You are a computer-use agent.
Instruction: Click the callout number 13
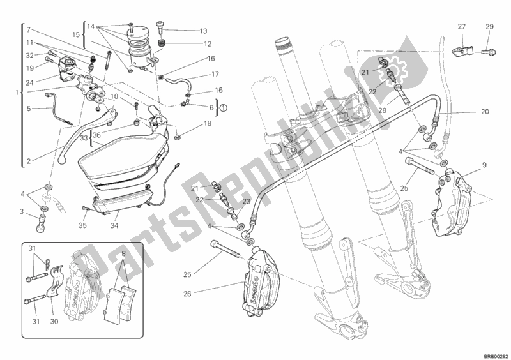click(x=203, y=31)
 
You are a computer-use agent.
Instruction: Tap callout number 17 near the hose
click(x=216, y=74)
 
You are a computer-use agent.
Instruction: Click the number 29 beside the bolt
click(x=490, y=26)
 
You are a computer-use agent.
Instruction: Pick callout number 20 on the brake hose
click(x=484, y=112)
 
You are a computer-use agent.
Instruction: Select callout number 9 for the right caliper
click(x=484, y=166)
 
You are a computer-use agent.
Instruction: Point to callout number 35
click(x=82, y=225)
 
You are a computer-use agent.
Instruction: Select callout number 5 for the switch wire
click(x=28, y=109)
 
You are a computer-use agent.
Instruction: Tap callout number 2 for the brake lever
click(x=28, y=161)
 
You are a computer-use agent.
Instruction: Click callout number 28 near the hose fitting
click(x=383, y=110)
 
